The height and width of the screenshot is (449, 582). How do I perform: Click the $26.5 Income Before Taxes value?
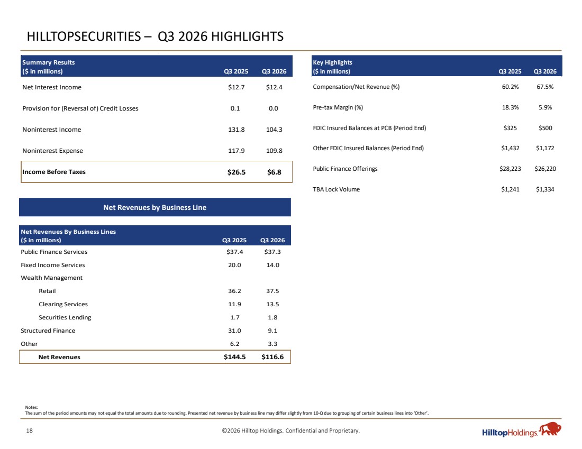pyautogui.click(x=237, y=172)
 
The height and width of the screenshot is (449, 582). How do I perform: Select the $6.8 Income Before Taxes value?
pyautogui.click(x=274, y=172)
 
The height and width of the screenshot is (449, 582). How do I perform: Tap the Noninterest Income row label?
pyautogui.click(x=52, y=130)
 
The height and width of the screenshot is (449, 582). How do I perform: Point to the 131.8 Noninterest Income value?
pyautogui.click(x=236, y=130)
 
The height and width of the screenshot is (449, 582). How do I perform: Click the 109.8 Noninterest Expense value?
pyautogui.click(x=274, y=151)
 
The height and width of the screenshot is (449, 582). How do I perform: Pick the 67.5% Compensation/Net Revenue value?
pyautogui.click(x=545, y=87)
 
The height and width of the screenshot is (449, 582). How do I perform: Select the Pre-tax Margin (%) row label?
pyautogui.click(x=338, y=107)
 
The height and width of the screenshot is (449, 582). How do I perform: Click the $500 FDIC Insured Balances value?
pyautogui.click(x=545, y=128)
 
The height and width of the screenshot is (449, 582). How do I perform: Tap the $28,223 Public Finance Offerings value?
pyautogui.click(x=510, y=169)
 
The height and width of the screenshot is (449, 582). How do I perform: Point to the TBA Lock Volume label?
pyautogui.click(x=337, y=189)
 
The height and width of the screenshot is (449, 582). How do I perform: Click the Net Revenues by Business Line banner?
pyautogui.click(x=155, y=207)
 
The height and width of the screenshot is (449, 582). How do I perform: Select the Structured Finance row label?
pyautogui.click(x=48, y=331)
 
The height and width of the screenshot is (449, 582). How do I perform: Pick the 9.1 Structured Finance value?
pyautogui.click(x=272, y=331)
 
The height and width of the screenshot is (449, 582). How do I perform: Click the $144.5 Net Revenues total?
pyautogui.click(x=234, y=357)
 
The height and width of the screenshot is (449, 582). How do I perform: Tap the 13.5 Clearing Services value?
pyautogui.click(x=272, y=304)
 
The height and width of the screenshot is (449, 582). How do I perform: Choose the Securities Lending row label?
pyautogui.click(x=65, y=318)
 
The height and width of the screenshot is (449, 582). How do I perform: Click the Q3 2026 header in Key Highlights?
pyautogui.click(x=545, y=71)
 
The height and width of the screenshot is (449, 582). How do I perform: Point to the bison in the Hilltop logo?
pyautogui.click(x=550, y=428)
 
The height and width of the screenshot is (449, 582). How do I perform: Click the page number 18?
pyautogui.click(x=29, y=430)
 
